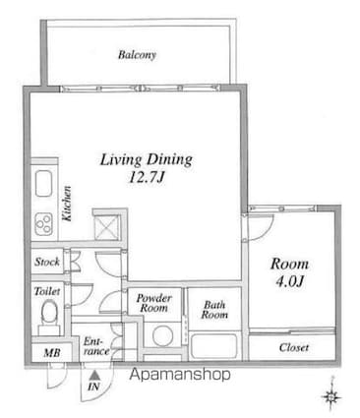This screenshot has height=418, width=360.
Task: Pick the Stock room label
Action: [46, 263]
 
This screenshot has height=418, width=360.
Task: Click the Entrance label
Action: [95, 345]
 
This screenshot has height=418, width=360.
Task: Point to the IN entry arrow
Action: [94, 379]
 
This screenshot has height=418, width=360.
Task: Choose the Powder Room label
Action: [155, 302]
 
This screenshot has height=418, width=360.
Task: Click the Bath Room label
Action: [214, 311]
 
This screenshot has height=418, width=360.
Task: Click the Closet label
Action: [294, 348]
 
